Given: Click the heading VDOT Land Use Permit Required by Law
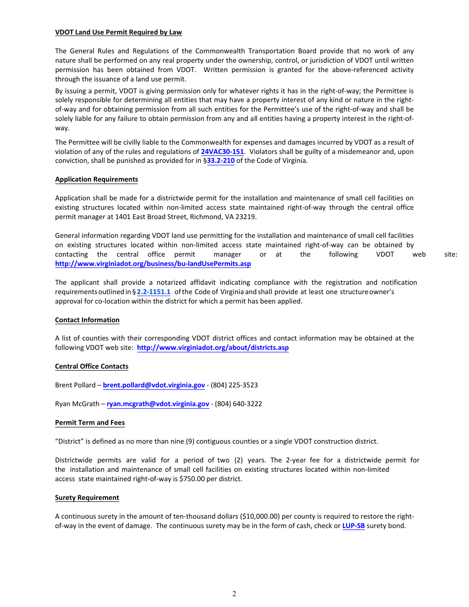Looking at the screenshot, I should [118, 33].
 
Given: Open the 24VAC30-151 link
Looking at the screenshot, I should [222, 152].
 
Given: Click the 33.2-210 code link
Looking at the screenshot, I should [221, 161].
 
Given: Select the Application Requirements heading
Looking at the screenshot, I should [96, 179].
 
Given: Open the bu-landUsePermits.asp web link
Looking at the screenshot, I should [153, 264].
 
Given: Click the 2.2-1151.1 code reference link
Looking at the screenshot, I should [154, 292].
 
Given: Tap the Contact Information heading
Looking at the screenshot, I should [87, 320].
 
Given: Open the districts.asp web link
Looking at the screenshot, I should [213, 347].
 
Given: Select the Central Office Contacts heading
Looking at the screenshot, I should [92, 366].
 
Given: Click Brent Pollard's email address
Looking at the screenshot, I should [154, 385].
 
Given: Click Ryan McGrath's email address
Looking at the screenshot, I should [158, 404].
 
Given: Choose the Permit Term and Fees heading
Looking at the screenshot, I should [90, 422].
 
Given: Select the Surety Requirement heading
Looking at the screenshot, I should [87, 497].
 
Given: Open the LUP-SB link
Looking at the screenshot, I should [353, 526].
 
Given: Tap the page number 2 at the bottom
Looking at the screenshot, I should [234, 594].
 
